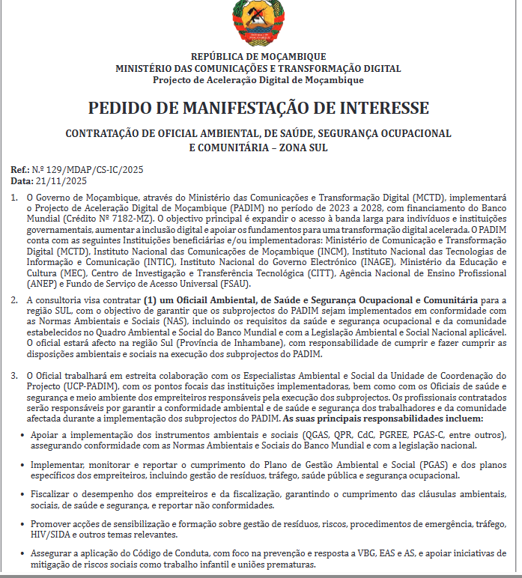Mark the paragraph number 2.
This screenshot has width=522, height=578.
[15, 300]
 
